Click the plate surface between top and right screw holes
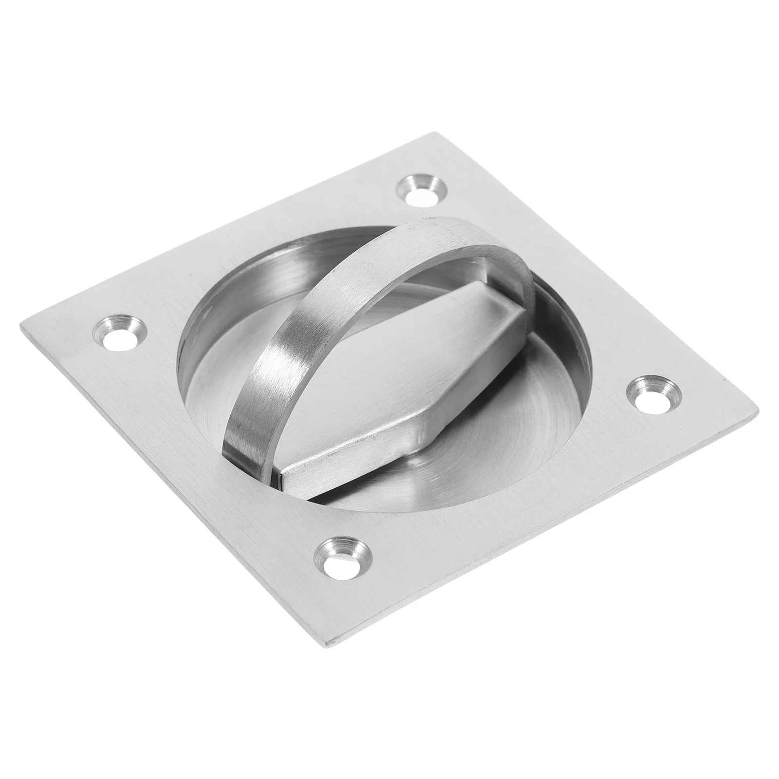click(560, 273)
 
